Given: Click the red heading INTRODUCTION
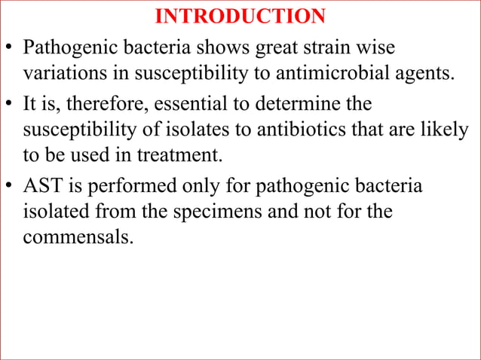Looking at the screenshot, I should (x=240, y=17).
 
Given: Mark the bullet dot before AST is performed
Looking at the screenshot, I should (x=10, y=187).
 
